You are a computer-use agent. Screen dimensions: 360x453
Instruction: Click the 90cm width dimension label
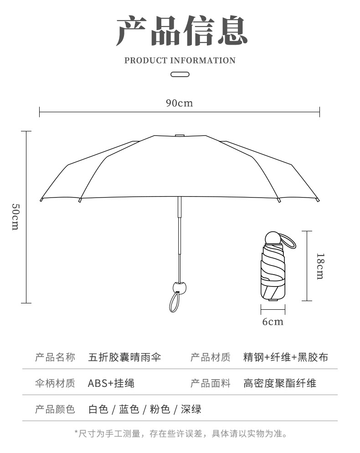tap(179, 103)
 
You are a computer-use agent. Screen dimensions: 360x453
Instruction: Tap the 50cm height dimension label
tap(15, 217)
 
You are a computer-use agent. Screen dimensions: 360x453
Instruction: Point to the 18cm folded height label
tap(320, 266)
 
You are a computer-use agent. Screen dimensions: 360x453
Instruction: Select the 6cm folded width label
tap(273, 322)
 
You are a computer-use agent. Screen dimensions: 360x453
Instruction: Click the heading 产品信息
tap(181, 31)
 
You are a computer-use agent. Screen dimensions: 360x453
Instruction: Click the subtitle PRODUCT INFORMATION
tap(180, 61)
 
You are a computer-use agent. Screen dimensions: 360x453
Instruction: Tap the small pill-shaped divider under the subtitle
tap(180, 74)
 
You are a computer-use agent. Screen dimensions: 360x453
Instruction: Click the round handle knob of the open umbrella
tap(180, 287)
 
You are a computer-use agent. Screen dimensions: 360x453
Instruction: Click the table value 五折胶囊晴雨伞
tap(124, 357)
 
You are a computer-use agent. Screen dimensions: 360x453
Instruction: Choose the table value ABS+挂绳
tap(111, 383)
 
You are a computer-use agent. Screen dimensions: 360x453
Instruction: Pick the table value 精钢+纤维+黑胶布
tap(286, 357)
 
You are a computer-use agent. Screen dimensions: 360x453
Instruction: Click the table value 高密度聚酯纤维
tap(280, 383)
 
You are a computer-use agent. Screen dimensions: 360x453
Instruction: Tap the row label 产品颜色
tap(55, 409)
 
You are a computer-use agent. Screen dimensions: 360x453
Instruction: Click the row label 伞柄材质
tap(55, 383)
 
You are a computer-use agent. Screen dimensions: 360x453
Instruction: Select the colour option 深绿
tap(191, 409)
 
